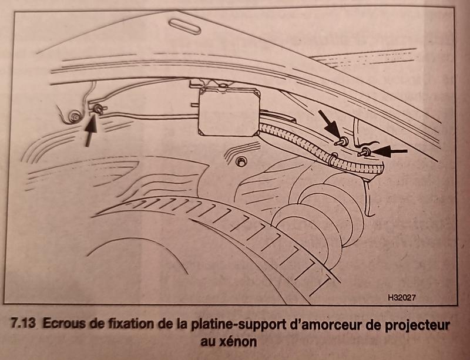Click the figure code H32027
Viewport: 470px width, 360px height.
click(x=405, y=298)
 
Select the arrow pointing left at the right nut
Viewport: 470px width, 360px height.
click(x=390, y=152)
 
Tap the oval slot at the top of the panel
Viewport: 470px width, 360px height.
click(x=184, y=26)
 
